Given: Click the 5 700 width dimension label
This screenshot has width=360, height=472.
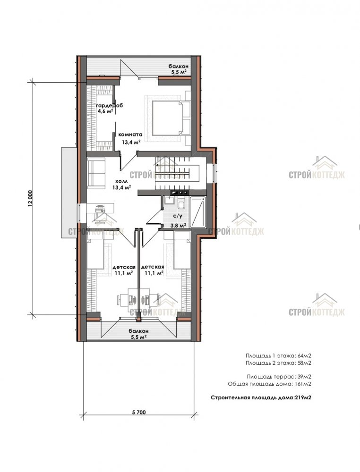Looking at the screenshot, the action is (x=138, y=412).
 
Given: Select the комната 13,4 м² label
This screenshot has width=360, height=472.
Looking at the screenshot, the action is (x=130, y=138).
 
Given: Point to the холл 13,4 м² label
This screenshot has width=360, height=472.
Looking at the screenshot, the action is (x=122, y=185).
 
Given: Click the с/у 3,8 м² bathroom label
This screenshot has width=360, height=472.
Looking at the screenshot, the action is (x=178, y=220).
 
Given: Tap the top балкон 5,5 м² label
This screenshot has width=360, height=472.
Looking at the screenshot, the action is (x=179, y=69).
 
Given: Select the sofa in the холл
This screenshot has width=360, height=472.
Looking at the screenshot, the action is (x=96, y=173).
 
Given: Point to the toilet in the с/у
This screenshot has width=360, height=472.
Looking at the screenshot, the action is (x=181, y=203).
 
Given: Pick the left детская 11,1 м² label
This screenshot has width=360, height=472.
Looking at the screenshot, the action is (x=124, y=270).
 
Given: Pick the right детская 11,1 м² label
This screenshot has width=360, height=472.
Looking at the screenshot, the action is (x=153, y=270).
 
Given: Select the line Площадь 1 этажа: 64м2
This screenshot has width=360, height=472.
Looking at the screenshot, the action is (x=278, y=355).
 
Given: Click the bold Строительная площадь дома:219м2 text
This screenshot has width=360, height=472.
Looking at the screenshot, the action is (x=261, y=397).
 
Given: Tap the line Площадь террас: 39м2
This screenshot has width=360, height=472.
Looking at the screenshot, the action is (x=279, y=377).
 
